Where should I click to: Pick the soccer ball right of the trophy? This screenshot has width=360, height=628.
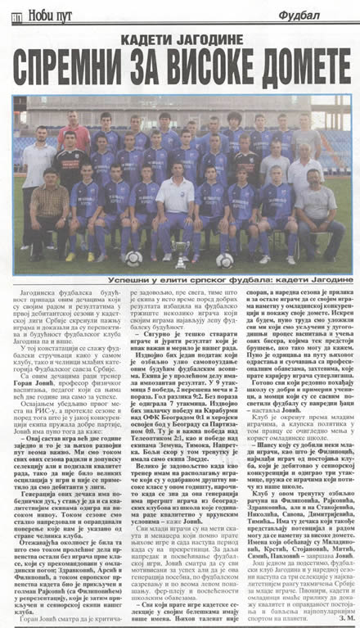pos(223,260)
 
